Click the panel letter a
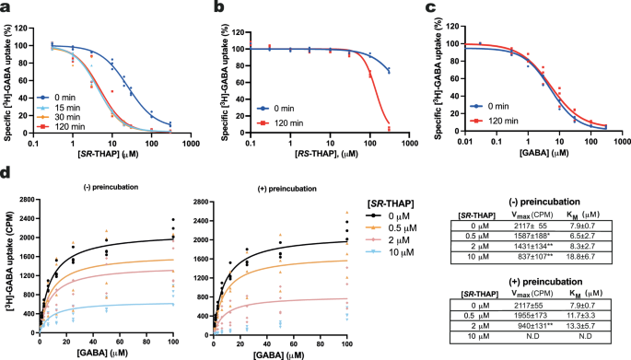click(x=6, y=8)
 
